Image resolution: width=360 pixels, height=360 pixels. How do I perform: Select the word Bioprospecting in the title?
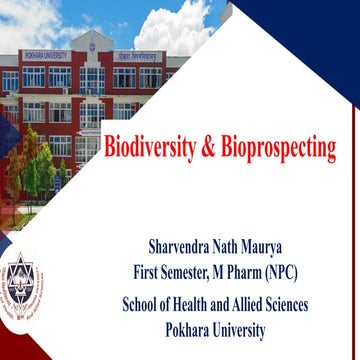click(x=281, y=150)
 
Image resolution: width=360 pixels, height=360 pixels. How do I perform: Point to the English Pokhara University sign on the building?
click(x=44, y=56)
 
